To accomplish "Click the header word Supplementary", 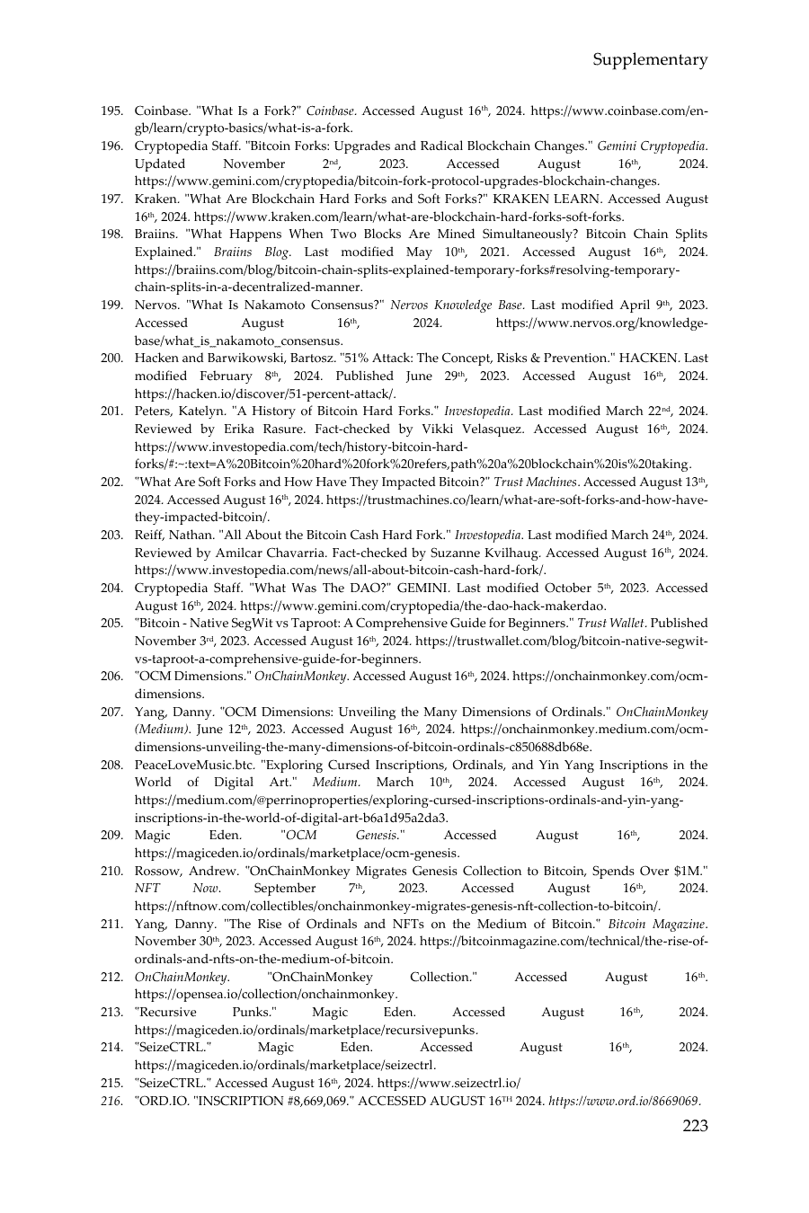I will [650, 60].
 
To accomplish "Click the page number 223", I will [695, 1126].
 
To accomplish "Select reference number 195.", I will [111, 111].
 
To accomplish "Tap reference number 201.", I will [111, 412].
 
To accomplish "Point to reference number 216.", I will [111, 1101].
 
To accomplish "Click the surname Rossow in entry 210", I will [157, 871].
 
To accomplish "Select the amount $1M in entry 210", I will [688, 871].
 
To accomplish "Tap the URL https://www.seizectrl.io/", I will [449, 1084].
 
